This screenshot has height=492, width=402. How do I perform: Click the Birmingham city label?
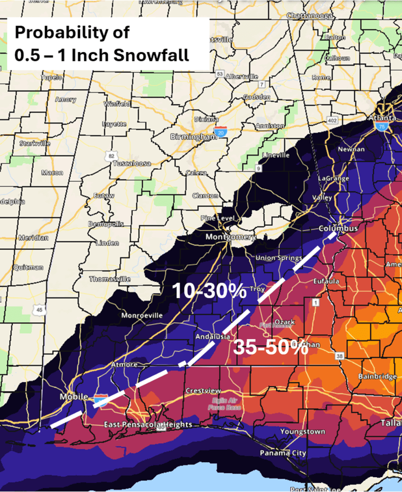click(x=194, y=137)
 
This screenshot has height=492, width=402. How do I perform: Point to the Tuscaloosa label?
click(x=132, y=163)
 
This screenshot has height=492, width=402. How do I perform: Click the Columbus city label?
click(x=339, y=228)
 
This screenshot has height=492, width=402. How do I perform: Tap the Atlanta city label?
click(x=383, y=118)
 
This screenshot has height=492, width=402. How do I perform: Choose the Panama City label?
click(x=283, y=453)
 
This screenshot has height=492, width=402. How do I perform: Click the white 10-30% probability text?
click(x=209, y=291)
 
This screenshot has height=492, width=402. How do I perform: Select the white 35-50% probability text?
click(x=270, y=348)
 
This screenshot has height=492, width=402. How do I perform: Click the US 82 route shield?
click(x=111, y=156)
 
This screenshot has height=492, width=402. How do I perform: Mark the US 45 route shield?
click(x=41, y=310)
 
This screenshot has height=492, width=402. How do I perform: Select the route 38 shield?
click(x=340, y=356)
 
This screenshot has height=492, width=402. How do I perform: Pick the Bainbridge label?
click(x=378, y=376)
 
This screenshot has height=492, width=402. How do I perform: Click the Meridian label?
click(x=34, y=238)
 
